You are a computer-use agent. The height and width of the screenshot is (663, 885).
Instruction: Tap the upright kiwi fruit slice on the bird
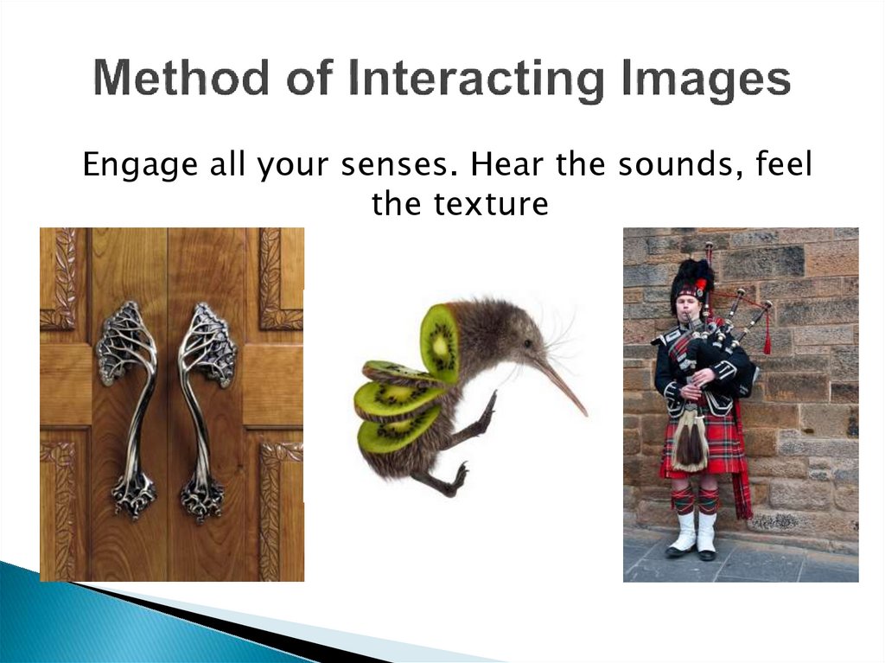(440, 342)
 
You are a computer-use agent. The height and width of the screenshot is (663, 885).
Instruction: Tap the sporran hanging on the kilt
(691, 441)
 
